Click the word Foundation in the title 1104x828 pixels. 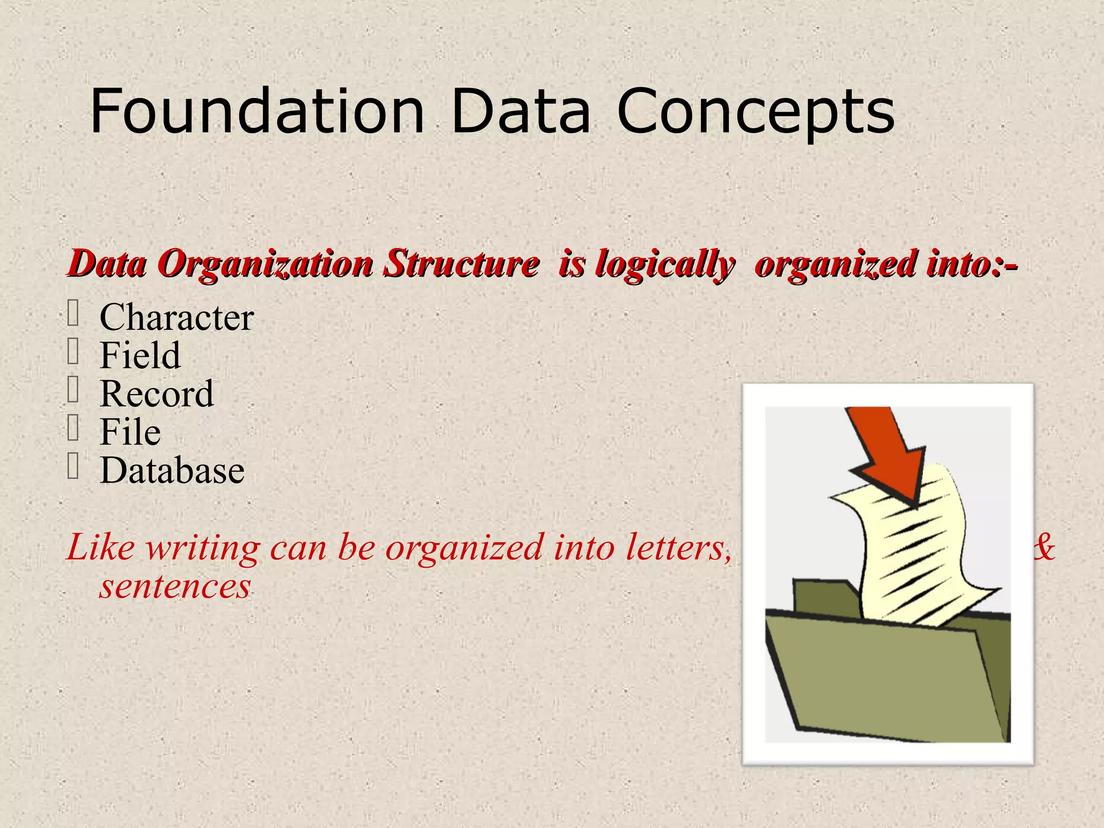coord(257,112)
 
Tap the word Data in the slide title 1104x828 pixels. coord(521,112)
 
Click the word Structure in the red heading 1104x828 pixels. coord(461,264)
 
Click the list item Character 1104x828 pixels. coord(176,317)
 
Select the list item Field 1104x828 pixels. coord(140,355)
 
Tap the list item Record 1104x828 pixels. coord(157,394)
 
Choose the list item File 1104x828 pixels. coord(130,432)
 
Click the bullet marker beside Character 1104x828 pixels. coord(73,314)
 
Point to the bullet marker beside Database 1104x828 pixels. coord(73,467)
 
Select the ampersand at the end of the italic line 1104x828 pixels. coord(1044,548)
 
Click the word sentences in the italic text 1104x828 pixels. coord(175,586)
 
